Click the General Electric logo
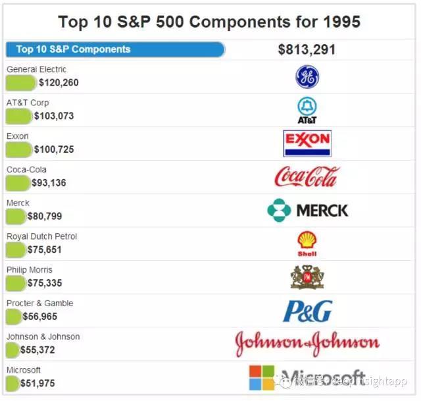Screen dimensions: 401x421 (307, 78)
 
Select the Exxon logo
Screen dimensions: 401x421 (307, 143)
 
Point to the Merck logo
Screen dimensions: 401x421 (307, 211)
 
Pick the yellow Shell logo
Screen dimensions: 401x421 (307, 243)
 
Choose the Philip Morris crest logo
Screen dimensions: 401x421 (307, 277)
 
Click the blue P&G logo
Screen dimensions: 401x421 (307, 311)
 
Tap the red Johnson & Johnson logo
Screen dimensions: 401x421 (307, 343)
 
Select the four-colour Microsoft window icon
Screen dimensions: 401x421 (261, 377)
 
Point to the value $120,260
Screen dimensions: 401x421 (59, 83)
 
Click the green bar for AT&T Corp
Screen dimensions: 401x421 (18, 116)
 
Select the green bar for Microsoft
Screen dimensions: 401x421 (12, 383)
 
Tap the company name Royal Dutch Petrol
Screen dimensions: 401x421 (41, 236)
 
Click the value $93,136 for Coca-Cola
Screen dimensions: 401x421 (49, 183)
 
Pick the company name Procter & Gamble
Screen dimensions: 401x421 (39, 303)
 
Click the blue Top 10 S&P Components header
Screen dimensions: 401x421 (115, 49)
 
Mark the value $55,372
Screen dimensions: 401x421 (41, 350)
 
